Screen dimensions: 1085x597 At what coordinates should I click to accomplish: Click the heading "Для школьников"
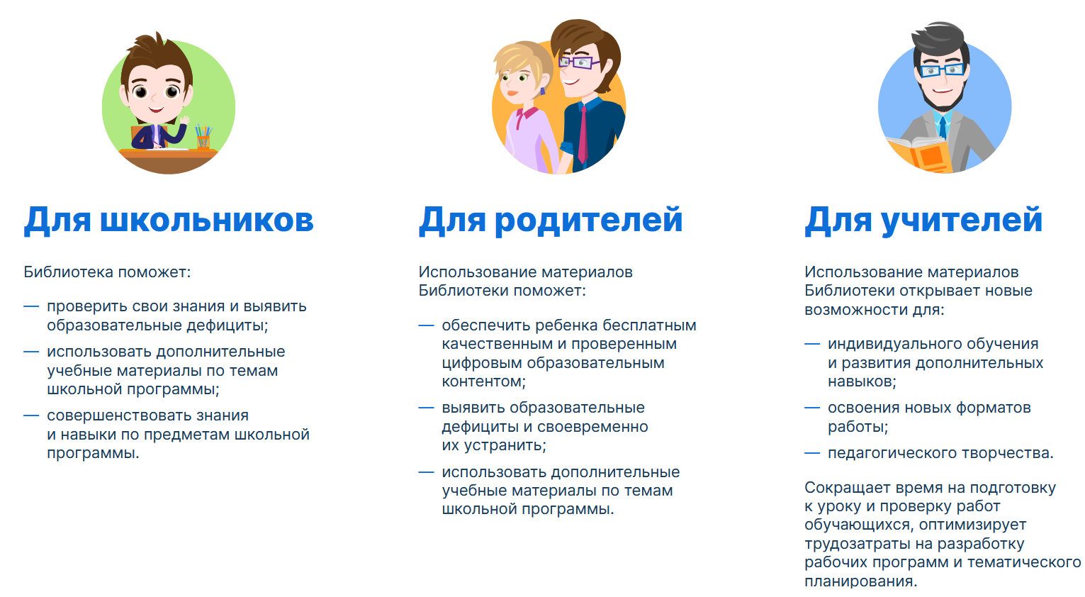click(x=169, y=221)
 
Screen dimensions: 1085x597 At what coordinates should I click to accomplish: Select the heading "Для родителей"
click(x=551, y=221)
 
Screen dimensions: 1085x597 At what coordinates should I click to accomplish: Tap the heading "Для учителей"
click(x=923, y=221)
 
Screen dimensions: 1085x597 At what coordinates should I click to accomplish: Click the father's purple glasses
click(x=579, y=62)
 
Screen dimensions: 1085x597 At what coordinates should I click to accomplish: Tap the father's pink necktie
click(x=583, y=135)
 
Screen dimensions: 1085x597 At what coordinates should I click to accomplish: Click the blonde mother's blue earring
click(x=543, y=91)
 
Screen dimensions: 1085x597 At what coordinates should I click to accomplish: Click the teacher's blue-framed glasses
click(x=941, y=70)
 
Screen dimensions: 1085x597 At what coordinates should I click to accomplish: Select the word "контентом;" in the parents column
click(x=483, y=382)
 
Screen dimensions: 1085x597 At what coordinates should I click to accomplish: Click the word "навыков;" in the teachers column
click(x=862, y=382)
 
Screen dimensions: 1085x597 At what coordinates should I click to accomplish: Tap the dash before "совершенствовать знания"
click(x=31, y=415)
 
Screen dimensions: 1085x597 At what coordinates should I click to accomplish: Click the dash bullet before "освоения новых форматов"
click(x=812, y=408)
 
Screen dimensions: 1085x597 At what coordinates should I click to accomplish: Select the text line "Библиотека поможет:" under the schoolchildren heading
click(x=107, y=272)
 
